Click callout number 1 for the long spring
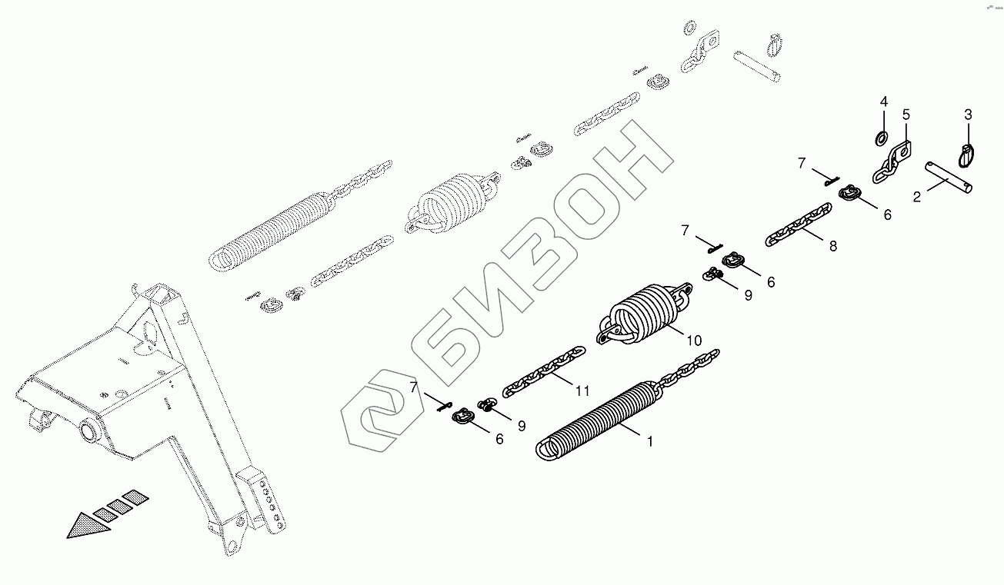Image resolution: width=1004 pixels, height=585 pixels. tap(650, 442)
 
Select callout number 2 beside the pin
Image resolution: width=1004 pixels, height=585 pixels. tap(916, 197)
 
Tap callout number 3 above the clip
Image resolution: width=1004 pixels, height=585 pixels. tap(968, 115)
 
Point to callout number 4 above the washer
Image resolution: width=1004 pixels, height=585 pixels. tap(883, 101)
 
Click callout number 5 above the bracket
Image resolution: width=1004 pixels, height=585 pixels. tap(906, 115)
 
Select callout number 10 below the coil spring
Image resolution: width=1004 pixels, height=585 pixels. tap(695, 340)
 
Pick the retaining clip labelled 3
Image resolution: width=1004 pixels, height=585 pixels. tap(966, 155)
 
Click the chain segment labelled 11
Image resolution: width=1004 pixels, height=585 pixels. tap(543, 371)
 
